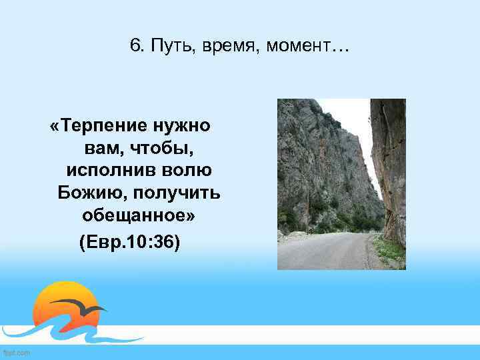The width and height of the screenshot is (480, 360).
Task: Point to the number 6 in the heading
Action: point(136,47)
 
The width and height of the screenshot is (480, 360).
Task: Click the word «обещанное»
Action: point(139,216)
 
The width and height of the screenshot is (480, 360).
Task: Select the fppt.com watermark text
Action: point(16,352)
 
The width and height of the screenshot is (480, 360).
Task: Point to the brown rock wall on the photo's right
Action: point(389,167)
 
